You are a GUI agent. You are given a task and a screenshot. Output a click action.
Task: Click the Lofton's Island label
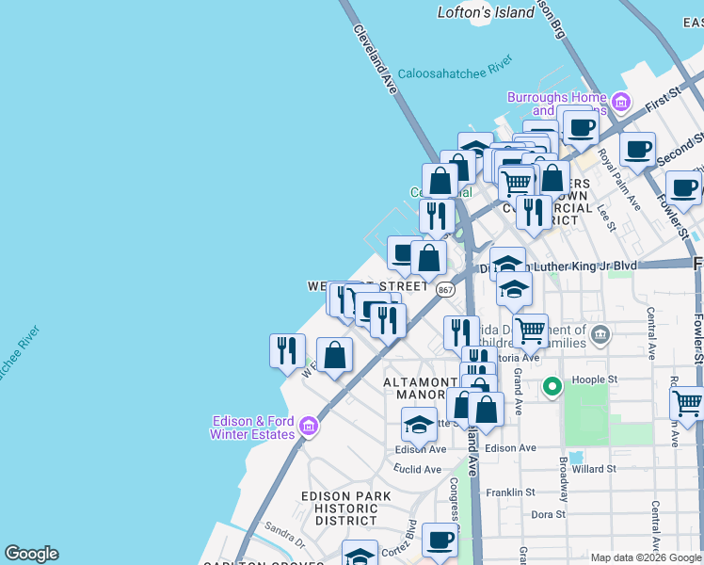click(472, 12)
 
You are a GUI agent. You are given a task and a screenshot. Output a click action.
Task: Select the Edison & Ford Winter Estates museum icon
click(307, 428)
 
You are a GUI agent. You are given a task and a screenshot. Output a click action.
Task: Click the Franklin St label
click(508, 492)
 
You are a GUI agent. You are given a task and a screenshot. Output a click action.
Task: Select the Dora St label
click(547, 514)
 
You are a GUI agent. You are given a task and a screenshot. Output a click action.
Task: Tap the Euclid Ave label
click(418, 469)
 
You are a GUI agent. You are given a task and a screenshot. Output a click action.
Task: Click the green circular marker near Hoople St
click(552, 385)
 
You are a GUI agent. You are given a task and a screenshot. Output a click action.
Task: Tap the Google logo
click(31, 554)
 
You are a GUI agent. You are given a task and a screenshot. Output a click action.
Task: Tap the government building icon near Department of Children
click(600, 333)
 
